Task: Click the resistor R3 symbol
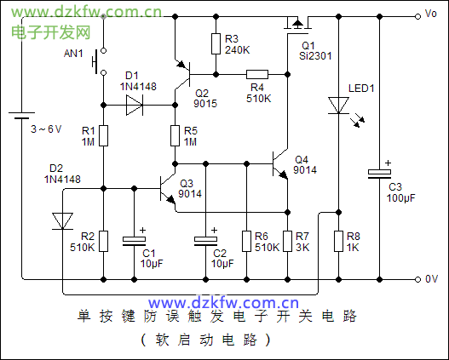[x=216, y=43]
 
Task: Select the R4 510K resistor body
[x=257, y=74]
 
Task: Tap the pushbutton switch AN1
[x=99, y=61]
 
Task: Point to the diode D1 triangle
[x=135, y=106]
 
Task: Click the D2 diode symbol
[x=62, y=221]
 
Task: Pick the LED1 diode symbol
[x=338, y=106]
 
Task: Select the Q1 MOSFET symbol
[x=298, y=26]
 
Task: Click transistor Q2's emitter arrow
[x=181, y=65]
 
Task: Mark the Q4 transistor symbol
[x=280, y=164]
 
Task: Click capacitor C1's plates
[x=134, y=241]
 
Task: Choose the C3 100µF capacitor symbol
[x=379, y=174]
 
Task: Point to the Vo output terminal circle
[x=417, y=16]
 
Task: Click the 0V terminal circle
[x=417, y=279]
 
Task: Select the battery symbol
[x=21, y=115]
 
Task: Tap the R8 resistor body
[x=338, y=242]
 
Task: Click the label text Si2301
[x=315, y=56]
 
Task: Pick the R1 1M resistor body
[x=103, y=135]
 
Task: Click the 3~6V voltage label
[x=46, y=129]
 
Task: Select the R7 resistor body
[x=287, y=242]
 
